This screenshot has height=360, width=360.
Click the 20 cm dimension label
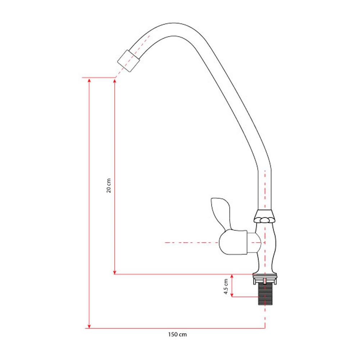(109, 186)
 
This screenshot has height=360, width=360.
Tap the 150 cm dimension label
(177, 334)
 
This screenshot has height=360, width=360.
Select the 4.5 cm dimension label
(226, 287)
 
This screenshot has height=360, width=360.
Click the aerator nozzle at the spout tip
(129, 61)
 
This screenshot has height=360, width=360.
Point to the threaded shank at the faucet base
(265, 295)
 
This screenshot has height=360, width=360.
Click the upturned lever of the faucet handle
(221, 212)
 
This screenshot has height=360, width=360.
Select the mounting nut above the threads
(265, 279)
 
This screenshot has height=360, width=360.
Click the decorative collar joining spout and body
(265, 216)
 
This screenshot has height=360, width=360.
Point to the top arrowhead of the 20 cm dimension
(114, 81)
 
